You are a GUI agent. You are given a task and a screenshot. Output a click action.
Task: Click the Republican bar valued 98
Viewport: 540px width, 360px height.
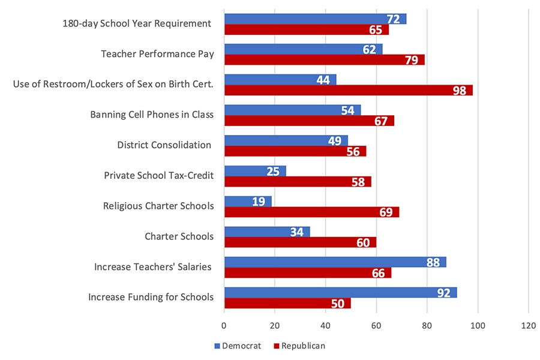348,91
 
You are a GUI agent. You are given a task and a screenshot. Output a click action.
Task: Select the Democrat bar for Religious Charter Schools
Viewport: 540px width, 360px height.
248,202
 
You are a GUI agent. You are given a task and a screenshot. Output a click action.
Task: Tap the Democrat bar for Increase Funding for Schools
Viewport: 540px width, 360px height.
340,293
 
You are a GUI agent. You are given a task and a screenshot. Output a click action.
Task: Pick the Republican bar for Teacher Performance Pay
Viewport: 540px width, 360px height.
324,60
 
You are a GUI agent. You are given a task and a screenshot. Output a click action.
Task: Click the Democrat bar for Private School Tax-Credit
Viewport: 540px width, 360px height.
255,171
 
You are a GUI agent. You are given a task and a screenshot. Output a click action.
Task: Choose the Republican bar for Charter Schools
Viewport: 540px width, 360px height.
300,242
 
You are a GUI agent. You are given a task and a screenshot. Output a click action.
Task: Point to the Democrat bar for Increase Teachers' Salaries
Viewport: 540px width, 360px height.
335,262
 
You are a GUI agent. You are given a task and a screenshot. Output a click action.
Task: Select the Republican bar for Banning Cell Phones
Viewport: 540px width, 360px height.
309,121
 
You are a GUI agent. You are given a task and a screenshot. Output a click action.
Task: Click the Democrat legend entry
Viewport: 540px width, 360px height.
238,346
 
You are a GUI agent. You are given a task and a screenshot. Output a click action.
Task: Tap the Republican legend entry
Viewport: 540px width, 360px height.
298,346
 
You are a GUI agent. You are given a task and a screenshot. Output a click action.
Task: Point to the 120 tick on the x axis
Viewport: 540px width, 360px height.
528,326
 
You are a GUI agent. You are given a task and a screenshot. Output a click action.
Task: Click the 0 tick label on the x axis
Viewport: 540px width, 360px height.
224,326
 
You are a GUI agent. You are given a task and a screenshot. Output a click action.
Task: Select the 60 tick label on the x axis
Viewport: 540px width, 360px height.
376,326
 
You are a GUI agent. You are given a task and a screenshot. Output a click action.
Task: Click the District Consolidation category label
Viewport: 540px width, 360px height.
164,145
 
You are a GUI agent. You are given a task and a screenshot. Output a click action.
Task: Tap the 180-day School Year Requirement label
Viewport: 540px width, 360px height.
137,23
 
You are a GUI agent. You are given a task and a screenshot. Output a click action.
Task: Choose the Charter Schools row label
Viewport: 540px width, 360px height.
179,236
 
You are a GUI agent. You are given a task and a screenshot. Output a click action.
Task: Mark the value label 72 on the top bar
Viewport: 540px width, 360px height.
394,19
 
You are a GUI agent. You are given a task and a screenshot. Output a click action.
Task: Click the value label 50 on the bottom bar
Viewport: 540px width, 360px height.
337,304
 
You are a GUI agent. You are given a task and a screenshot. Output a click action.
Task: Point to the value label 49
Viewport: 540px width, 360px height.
335,141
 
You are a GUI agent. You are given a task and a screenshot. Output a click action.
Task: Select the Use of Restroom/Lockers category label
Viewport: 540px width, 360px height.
113,84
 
